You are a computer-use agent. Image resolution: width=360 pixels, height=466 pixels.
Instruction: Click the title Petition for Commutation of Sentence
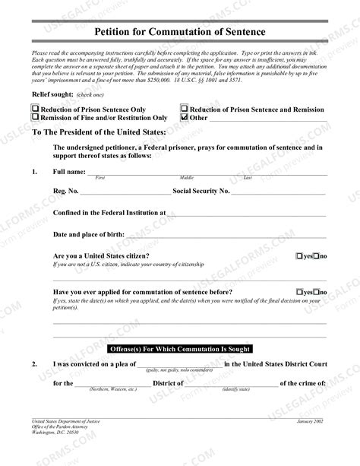point(179,31)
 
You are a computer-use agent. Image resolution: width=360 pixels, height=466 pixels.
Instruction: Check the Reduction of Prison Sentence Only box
point(35,109)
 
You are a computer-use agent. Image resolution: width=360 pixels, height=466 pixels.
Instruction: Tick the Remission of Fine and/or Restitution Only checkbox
point(35,118)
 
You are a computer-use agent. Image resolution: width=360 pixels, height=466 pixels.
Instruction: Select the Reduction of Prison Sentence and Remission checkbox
point(184,109)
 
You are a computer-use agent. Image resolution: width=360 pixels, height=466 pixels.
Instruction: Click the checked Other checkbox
point(184,118)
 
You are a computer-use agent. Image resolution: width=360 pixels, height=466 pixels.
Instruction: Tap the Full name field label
point(69,172)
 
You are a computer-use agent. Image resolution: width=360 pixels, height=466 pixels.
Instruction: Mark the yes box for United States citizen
point(300,256)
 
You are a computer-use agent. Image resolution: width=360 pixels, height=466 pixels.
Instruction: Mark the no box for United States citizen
point(316,256)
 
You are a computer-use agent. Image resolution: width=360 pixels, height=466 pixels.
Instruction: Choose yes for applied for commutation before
point(300,292)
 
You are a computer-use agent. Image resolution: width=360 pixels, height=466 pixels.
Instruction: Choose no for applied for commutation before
point(316,292)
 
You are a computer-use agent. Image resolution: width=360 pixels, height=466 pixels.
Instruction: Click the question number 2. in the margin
point(35,363)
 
